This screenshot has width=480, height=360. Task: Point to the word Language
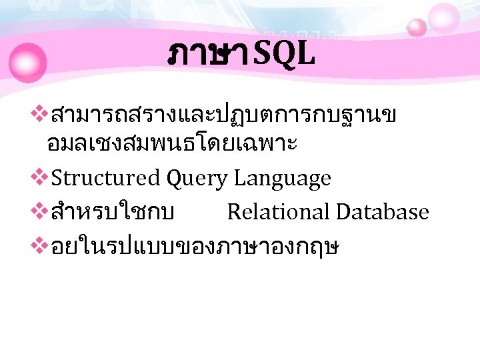[283, 179]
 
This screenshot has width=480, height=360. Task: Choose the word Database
[383, 212]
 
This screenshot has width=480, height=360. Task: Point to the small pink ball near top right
[417, 27]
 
